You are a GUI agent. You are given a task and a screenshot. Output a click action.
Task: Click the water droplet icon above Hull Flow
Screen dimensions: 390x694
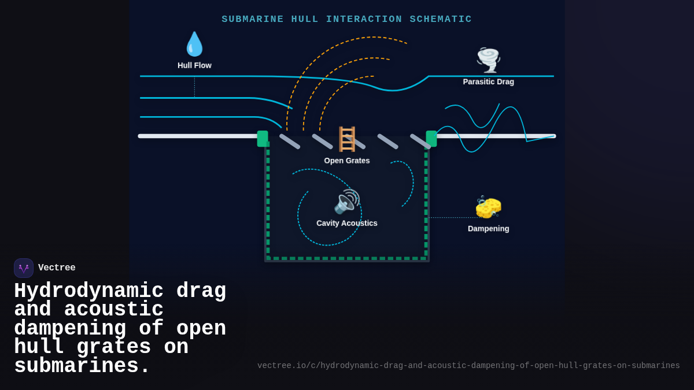click(x=194, y=44)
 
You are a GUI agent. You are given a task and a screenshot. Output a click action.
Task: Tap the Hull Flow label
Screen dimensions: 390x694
click(x=194, y=65)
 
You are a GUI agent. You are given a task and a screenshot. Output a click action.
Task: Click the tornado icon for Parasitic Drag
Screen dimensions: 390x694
click(x=488, y=60)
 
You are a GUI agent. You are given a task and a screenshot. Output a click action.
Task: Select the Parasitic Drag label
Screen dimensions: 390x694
click(x=488, y=81)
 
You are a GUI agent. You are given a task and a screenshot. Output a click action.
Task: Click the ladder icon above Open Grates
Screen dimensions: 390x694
click(x=347, y=139)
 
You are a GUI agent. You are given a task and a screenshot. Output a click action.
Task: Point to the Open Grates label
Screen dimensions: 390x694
click(x=346, y=161)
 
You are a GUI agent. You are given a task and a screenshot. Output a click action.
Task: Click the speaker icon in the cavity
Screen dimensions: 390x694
click(x=346, y=202)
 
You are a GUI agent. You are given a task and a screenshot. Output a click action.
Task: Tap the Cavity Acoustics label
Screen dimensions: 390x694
click(x=346, y=223)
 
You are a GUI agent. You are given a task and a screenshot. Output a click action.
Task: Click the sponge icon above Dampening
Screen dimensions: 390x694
click(x=488, y=207)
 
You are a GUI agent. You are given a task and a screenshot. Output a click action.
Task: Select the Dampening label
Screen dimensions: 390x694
click(x=488, y=228)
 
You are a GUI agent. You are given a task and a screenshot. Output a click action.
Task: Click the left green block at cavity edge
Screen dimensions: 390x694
click(x=263, y=139)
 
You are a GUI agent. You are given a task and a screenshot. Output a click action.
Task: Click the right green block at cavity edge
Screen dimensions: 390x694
click(x=431, y=139)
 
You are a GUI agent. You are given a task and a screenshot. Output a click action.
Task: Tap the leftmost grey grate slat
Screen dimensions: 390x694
click(x=290, y=142)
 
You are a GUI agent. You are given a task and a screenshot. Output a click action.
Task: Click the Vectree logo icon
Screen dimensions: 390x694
click(x=24, y=268)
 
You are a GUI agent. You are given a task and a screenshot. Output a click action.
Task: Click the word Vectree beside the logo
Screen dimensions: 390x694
click(x=57, y=268)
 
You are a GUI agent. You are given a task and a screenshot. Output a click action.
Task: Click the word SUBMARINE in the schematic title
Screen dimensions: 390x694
click(x=253, y=19)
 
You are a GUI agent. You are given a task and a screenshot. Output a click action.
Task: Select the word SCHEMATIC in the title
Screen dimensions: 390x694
click(x=441, y=19)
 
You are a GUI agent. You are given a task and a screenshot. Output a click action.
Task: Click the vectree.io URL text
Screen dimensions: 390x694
click(x=468, y=366)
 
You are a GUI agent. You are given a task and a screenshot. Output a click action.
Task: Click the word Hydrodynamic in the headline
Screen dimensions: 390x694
click(x=88, y=291)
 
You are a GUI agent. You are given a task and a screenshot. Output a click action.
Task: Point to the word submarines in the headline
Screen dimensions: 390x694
click(x=82, y=366)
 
